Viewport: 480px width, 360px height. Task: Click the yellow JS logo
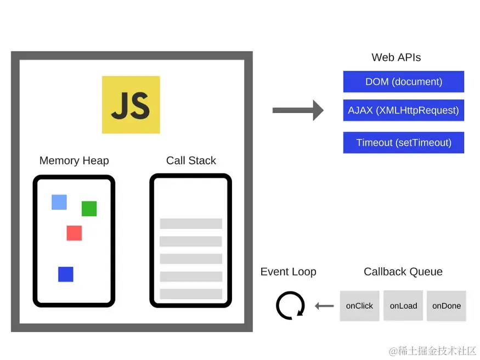click(131, 105)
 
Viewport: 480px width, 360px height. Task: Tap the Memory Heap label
click(74, 161)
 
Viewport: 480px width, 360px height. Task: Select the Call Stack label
click(191, 161)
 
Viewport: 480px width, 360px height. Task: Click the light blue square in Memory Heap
click(59, 202)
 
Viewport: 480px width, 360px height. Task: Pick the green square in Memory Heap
click(89, 209)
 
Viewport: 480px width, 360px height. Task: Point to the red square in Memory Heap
click(74, 233)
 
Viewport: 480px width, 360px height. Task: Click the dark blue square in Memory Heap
click(66, 274)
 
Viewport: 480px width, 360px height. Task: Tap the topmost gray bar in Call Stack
click(191, 223)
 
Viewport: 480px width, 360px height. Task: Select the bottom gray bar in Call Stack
click(191, 294)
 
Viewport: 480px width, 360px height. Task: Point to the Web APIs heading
click(396, 58)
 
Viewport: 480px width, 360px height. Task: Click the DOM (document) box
click(404, 82)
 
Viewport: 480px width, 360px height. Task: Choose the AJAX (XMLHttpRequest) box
click(404, 110)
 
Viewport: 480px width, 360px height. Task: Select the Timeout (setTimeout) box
click(404, 143)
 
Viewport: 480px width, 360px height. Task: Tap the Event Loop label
click(288, 272)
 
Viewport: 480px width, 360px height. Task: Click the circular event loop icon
click(290, 306)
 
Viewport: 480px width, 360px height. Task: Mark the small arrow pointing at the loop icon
click(324, 306)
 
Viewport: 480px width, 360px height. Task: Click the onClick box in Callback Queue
click(359, 306)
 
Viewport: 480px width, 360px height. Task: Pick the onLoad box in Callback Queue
click(403, 306)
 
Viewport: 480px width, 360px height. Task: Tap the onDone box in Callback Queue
click(447, 306)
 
